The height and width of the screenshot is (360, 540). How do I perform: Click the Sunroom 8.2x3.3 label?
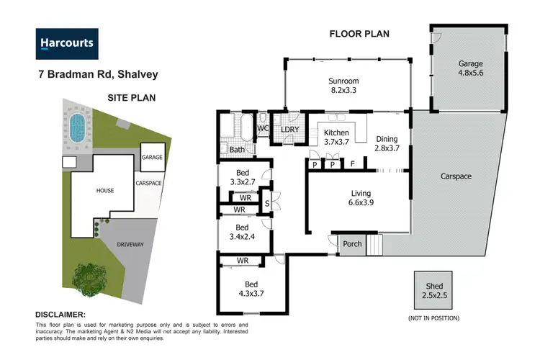coord(344,86)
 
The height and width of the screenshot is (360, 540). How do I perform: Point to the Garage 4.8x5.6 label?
coord(472,68)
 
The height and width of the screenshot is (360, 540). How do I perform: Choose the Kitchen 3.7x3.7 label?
coord(336,138)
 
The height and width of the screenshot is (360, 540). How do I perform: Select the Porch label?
coord(352,244)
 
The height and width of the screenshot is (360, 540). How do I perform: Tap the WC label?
coord(264,129)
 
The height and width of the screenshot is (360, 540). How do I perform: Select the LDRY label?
coord(290,129)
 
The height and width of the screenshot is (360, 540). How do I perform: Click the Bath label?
coord(237,150)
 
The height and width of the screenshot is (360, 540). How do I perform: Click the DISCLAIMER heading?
coord(60,315)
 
